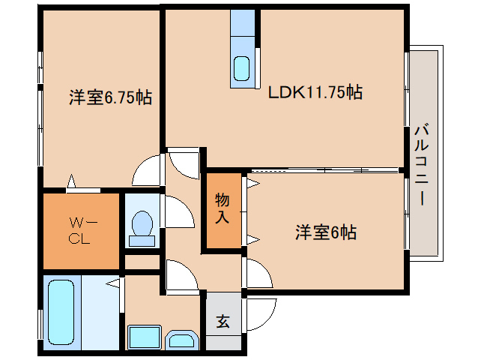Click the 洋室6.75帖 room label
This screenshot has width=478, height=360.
point(110,97)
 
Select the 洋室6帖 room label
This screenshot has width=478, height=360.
point(324,232)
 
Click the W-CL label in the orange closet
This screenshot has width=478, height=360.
point(81,231)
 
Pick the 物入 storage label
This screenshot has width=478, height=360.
point(223,209)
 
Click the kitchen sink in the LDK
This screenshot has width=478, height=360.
point(242,68)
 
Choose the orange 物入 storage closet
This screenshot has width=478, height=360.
point(224,211)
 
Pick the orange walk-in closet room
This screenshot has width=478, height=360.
point(82,231)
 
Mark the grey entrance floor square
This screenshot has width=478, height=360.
point(223,320)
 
